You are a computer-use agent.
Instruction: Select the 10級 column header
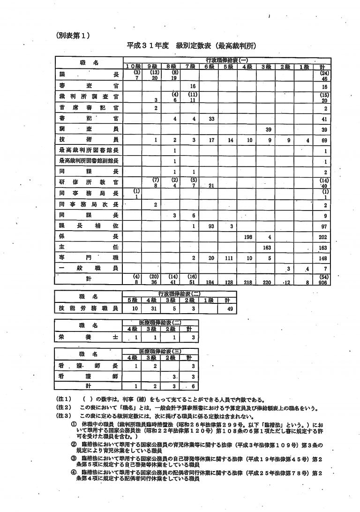(133, 67)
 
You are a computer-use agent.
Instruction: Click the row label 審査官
(89, 86)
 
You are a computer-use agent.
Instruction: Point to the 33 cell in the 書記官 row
(211, 119)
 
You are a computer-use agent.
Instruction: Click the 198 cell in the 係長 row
(248, 237)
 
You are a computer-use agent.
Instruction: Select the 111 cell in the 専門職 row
(229, 258)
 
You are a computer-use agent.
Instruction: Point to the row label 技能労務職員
(88, 309)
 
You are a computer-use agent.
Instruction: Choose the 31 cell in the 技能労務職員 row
(152, 309)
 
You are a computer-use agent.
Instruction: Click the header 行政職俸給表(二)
(179, 294)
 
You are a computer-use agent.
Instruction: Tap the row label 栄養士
(88, 337)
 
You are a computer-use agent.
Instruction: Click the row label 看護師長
(88, 366)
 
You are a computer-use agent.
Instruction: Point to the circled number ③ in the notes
(74, 458)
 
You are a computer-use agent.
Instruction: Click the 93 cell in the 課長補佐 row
(211, 226)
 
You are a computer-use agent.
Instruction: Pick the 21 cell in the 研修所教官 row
(211, 185)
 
